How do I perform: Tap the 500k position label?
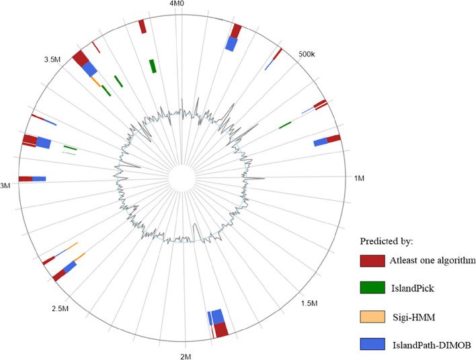(306, 54)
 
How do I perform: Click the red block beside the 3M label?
(25, 179)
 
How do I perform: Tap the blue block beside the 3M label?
(39, 179)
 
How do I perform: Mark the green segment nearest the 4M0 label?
(153, 66)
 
